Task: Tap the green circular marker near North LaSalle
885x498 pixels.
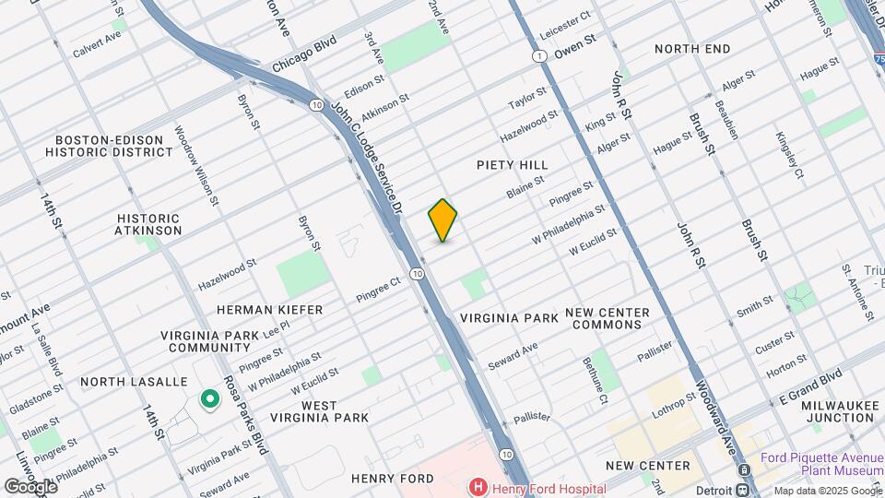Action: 209,399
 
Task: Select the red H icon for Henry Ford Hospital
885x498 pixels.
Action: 478,487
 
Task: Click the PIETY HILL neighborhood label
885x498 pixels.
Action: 513,165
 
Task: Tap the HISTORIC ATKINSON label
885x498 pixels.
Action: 148,224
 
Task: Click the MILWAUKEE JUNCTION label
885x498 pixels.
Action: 836,411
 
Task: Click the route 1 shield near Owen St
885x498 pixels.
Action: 537,56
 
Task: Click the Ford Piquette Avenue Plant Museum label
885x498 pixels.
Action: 822,464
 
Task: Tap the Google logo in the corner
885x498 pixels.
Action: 30,485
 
